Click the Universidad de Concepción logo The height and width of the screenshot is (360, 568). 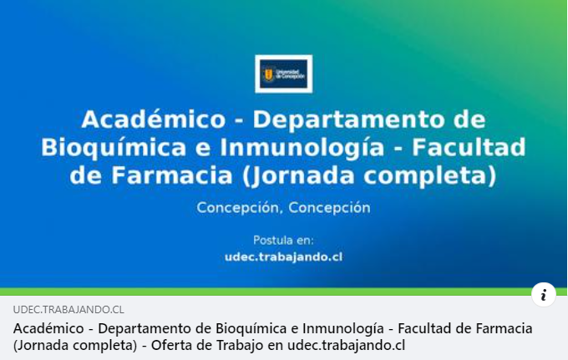pyautogui.click(x=283, y=74)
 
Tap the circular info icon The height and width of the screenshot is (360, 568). pyautogui.click(x=544, y=294)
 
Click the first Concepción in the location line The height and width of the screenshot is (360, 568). pyautogui.click(x=237, y=207)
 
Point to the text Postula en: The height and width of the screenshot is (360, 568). pyautogui.click(x=283, y=241)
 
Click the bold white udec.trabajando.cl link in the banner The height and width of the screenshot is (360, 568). pyautogui.click(x=283, y=257)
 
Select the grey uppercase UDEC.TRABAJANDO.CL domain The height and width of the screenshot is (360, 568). pyautogui.click(x=68, y=309)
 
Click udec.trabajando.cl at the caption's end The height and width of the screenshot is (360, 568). pyautogui.click(x=346, y=345)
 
